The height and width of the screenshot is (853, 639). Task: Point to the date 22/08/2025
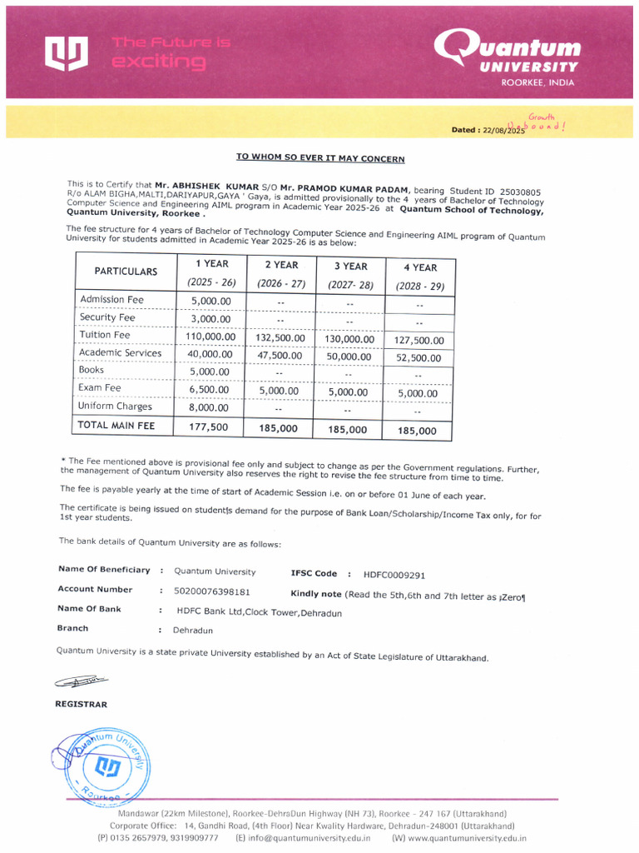point(499,130)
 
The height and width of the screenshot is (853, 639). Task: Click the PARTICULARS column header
point(126,272)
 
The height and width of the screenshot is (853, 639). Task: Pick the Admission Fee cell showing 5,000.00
point(210,300)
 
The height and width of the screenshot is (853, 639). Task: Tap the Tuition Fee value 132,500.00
point(280,338)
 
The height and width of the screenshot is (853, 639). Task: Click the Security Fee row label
point(106,317)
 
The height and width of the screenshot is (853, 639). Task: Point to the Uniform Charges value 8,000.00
point(210,408)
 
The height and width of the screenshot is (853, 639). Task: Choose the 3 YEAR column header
point(350,267)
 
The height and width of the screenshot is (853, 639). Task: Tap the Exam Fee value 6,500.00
point(210,389)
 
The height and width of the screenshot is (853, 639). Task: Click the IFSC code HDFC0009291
point(394,575)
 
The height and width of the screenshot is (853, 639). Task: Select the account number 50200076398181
point(212,591)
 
